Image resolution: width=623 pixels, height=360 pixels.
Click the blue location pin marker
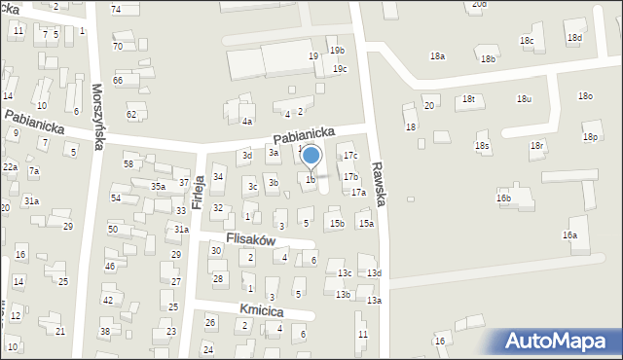tap(311, 156)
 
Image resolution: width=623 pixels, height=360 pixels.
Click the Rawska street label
tap(380, 185)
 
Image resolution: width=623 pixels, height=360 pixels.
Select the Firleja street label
tap(199, 191)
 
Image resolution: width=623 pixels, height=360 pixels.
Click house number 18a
tap(437, 56)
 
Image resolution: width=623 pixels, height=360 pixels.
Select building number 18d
tap(574, 38)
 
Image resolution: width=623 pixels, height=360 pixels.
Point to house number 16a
tap(569, 235)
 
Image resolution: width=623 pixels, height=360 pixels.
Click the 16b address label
tap(503, 198)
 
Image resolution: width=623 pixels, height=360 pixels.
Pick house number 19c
tap(340, 69)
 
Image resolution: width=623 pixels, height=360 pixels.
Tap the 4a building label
tap(247, 122)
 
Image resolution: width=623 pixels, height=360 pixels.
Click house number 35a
tap(158, 186)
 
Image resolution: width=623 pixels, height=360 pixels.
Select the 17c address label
tap(350, 156)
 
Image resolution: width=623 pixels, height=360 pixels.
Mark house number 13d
tap(374, 273)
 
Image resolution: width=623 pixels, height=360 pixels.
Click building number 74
tap(116, 9)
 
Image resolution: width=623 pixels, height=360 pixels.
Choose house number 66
tap(118, 80)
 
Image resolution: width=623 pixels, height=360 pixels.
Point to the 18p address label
tap(590, 137)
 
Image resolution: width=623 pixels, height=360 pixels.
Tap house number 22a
tap(10, 167)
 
